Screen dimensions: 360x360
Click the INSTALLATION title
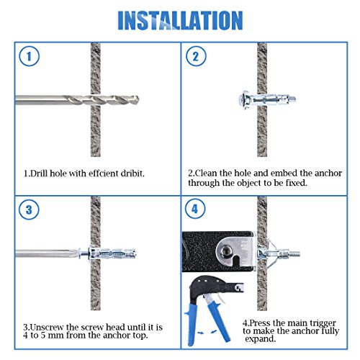pyautogui.click(x=179, y=19)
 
